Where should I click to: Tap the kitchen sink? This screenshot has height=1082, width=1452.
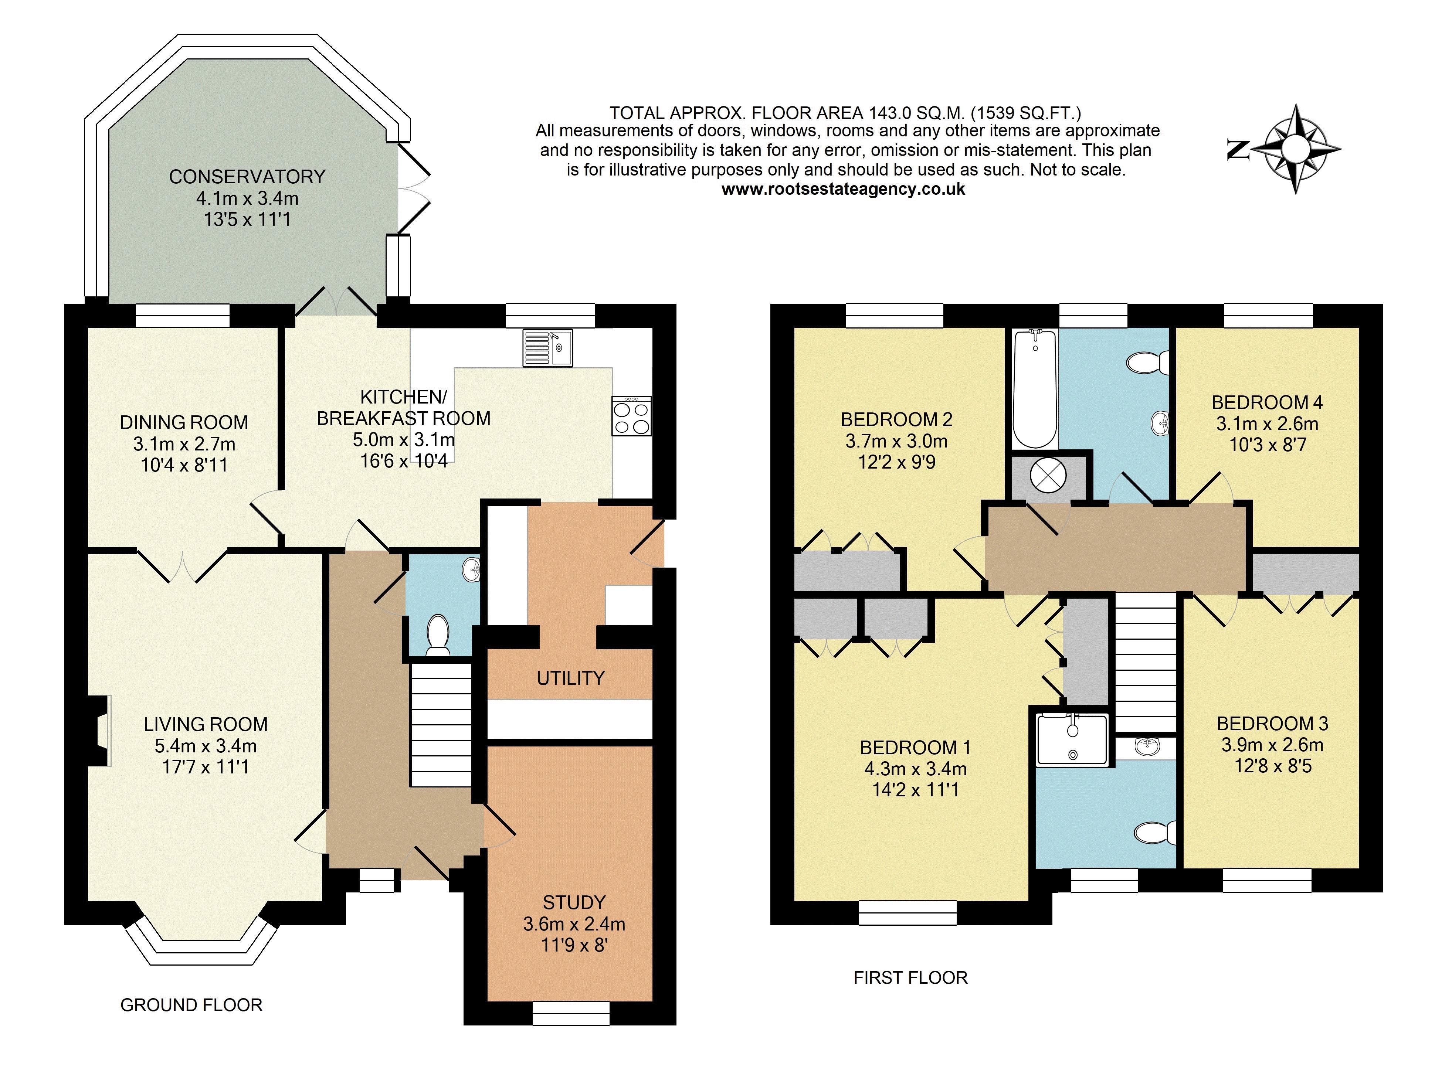tap(547, 348)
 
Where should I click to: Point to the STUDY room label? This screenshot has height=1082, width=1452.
tap(574, 902)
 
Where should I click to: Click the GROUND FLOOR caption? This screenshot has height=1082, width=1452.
tap(191, 1005)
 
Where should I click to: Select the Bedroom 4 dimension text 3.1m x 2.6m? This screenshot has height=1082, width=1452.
tap(1267, 424)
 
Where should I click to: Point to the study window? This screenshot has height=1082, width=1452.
tap(571, 1013)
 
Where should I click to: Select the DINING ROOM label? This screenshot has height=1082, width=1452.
tap(184, 422)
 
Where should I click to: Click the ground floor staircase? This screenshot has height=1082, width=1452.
tap(441, 725)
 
